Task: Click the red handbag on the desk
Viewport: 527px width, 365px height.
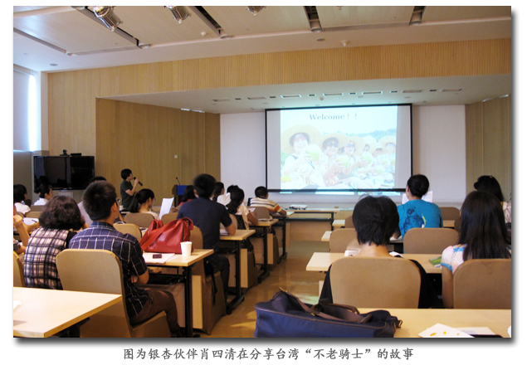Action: click(167, 236)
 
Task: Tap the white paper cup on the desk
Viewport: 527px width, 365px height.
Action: click(186, 249)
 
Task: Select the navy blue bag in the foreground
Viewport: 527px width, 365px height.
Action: click(326, 316)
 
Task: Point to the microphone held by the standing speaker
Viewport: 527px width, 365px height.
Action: click(138, 181)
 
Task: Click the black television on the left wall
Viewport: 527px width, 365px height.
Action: click(64, 172)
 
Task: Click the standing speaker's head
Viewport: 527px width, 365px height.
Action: click(126, 174)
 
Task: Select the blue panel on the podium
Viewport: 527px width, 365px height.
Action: click(181, 190)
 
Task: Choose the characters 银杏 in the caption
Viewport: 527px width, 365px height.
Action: click(161, 354)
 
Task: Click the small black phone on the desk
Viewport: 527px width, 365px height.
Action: click(157, 256)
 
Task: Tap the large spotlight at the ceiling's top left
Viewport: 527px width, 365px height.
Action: click(108, 17)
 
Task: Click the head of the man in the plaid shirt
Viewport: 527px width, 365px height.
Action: click(100, 202)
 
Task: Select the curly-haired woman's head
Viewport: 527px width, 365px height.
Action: click(62, 212)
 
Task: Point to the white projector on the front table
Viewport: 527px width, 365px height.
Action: click(298, 207)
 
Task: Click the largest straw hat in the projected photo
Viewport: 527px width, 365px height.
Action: click(300, 138)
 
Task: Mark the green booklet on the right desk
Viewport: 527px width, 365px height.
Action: click(436, 260)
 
